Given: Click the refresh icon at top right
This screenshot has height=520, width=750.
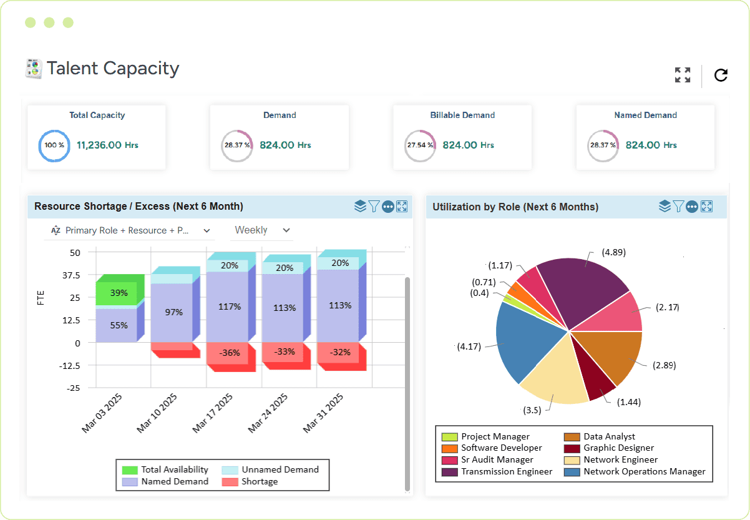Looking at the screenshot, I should [x=721, y=76].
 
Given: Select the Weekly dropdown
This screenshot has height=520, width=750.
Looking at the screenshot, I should [x=261, y=230].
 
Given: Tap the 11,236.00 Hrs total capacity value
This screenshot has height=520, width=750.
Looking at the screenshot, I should [x=107, y=145].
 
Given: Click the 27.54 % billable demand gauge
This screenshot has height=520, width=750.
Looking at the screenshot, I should [x=420, y=145].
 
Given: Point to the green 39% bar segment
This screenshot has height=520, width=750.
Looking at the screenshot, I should [x=119, y=293].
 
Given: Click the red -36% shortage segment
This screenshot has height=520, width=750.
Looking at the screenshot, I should [x=230, y=353].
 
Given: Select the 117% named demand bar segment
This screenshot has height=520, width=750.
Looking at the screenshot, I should [x=230, y=307].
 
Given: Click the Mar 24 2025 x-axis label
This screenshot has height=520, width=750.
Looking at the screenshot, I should [x=268, y=413].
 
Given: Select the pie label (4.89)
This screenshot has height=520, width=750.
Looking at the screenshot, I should [x=613, y=252].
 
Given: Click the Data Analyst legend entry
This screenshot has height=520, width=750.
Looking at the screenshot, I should [x=609, y=436].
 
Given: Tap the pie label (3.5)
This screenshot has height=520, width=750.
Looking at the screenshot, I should [x=532, y=410].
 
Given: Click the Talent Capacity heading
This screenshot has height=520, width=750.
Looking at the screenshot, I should [x=113, y=68].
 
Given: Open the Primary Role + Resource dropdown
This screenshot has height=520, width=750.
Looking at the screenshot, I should [x=131, y=230].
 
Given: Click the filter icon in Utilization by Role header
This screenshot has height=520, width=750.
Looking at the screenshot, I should [x=678, y=207].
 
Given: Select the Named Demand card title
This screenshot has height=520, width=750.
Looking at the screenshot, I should [x=645, y=115].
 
